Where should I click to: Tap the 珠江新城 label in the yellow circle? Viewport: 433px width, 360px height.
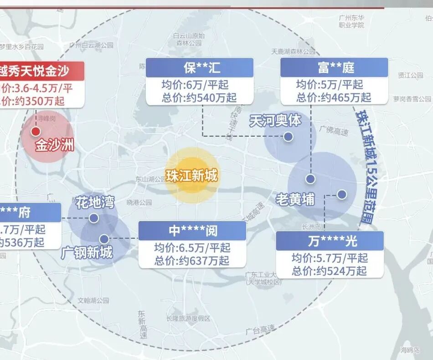coord(191,175)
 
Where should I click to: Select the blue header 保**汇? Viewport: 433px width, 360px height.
coord(199,68)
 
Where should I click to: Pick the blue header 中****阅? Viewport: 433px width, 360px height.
coord(193,231)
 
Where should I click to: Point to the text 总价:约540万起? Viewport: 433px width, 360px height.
coord(200,98)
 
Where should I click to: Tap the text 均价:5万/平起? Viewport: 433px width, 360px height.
coord(329,84)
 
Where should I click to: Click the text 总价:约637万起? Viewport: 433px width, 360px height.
coord(192,261)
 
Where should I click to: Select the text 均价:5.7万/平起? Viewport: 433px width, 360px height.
coord(330,257)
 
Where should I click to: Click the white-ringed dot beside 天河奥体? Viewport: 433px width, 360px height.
coord(288,136)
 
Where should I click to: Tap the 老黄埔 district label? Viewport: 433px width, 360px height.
coord(295,199)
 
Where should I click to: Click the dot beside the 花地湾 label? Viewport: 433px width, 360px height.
coord(94,218)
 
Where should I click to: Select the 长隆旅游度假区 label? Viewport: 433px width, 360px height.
coord(188,318)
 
